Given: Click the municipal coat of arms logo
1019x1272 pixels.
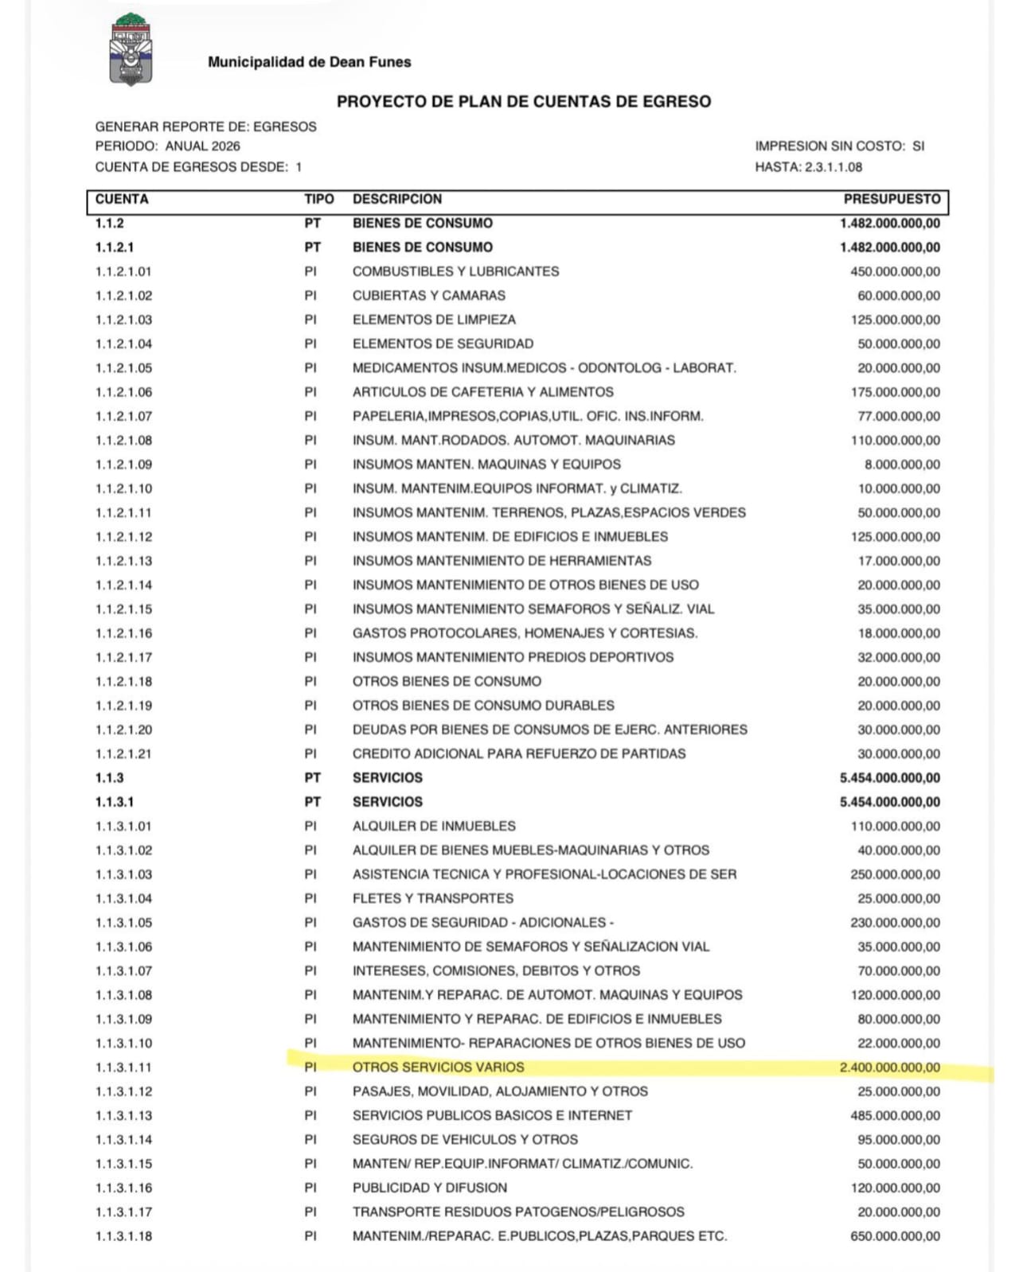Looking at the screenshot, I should point(131,50).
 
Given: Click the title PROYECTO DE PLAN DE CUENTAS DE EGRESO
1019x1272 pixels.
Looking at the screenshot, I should point(523,102).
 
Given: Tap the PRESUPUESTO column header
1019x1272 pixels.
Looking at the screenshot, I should point(892,199).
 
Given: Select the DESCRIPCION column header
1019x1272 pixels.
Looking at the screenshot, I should point(396,199).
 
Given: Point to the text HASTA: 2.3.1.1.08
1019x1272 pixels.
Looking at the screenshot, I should point(808,167).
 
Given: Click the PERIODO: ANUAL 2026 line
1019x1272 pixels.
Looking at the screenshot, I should point(167,146).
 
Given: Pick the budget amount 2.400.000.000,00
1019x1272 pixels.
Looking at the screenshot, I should point(889,1068).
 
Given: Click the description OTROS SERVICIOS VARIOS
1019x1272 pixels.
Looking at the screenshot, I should point(438,1068).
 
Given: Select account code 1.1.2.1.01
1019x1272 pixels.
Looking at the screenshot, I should point(123,271).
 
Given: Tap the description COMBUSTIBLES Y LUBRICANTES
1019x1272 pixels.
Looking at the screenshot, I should point(455,271).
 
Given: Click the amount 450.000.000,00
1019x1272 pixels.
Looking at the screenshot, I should point(895,271).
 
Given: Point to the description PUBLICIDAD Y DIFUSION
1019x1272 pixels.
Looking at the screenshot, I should point(429,1188).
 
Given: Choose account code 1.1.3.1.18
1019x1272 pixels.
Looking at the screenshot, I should point(123,1236).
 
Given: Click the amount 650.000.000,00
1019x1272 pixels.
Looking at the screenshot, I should point(895,1236).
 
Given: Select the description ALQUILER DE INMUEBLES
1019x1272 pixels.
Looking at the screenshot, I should point(434,827).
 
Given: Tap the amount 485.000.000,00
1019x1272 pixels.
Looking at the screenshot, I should point(895,1115).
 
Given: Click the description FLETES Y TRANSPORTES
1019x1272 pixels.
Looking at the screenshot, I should point(432,899).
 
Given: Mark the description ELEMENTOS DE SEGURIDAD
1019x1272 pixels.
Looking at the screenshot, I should point(443,344).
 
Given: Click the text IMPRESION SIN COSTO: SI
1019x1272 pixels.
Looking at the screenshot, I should point(839,146).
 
